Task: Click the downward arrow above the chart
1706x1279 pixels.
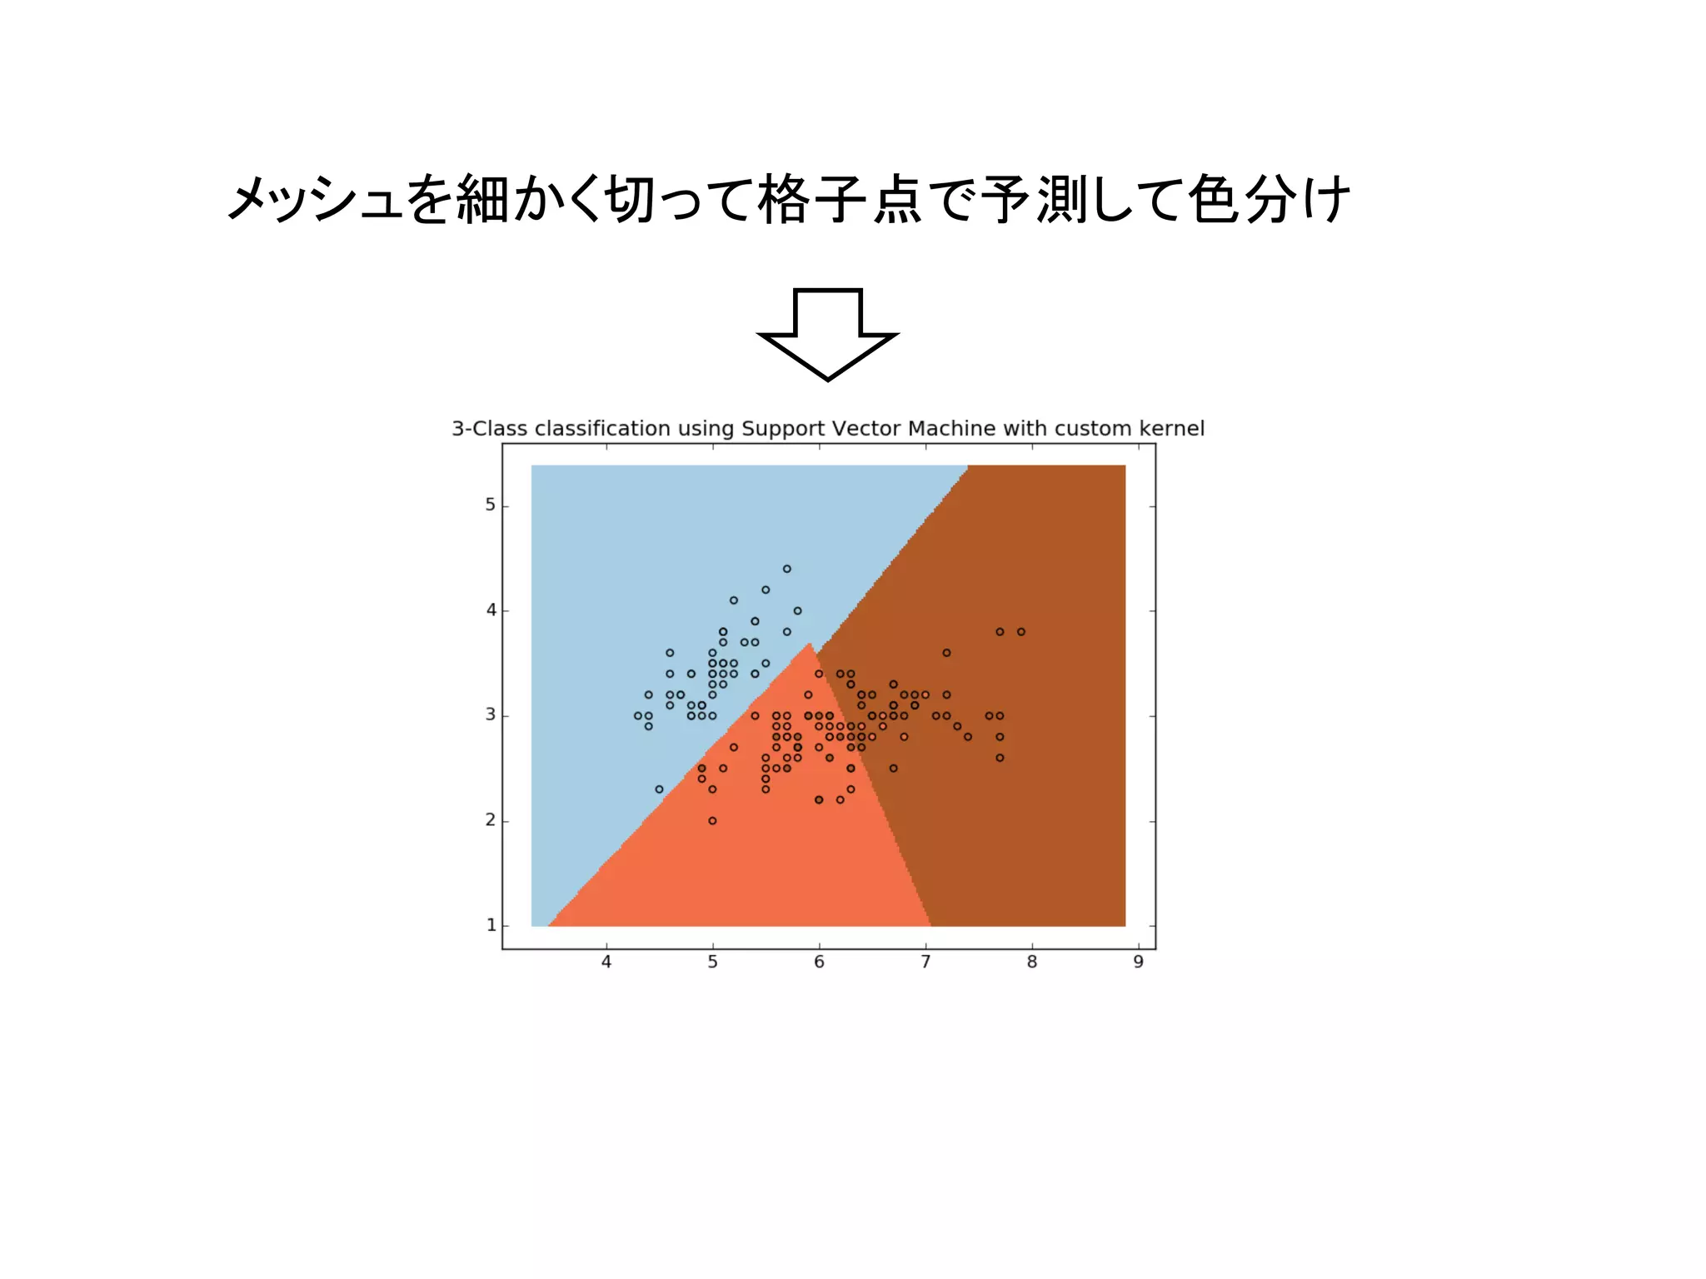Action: [828, 333]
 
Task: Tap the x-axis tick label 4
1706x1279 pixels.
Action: [606, 963]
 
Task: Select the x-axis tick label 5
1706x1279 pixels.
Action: [713, 963]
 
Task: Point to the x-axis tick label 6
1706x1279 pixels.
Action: [819, 963]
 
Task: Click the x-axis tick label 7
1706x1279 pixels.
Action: [925, 963]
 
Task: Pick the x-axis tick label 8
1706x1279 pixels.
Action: [1032, 963]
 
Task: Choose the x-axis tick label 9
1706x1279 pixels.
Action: [1138, 963]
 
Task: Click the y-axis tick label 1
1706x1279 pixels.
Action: [491, 925]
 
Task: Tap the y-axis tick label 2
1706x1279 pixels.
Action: [491, 820]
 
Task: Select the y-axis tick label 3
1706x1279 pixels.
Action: [491, 715]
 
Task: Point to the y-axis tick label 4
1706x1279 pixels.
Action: [491, 610]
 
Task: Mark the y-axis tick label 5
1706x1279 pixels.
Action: [491, 505]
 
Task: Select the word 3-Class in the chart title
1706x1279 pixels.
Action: [490, 429]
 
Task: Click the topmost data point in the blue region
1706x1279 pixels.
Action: [787, 569]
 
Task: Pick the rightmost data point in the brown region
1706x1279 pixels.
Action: [1021, 632]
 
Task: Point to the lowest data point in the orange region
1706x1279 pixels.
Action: [712, 820]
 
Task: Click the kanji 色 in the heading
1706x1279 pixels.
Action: [1213, 200]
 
